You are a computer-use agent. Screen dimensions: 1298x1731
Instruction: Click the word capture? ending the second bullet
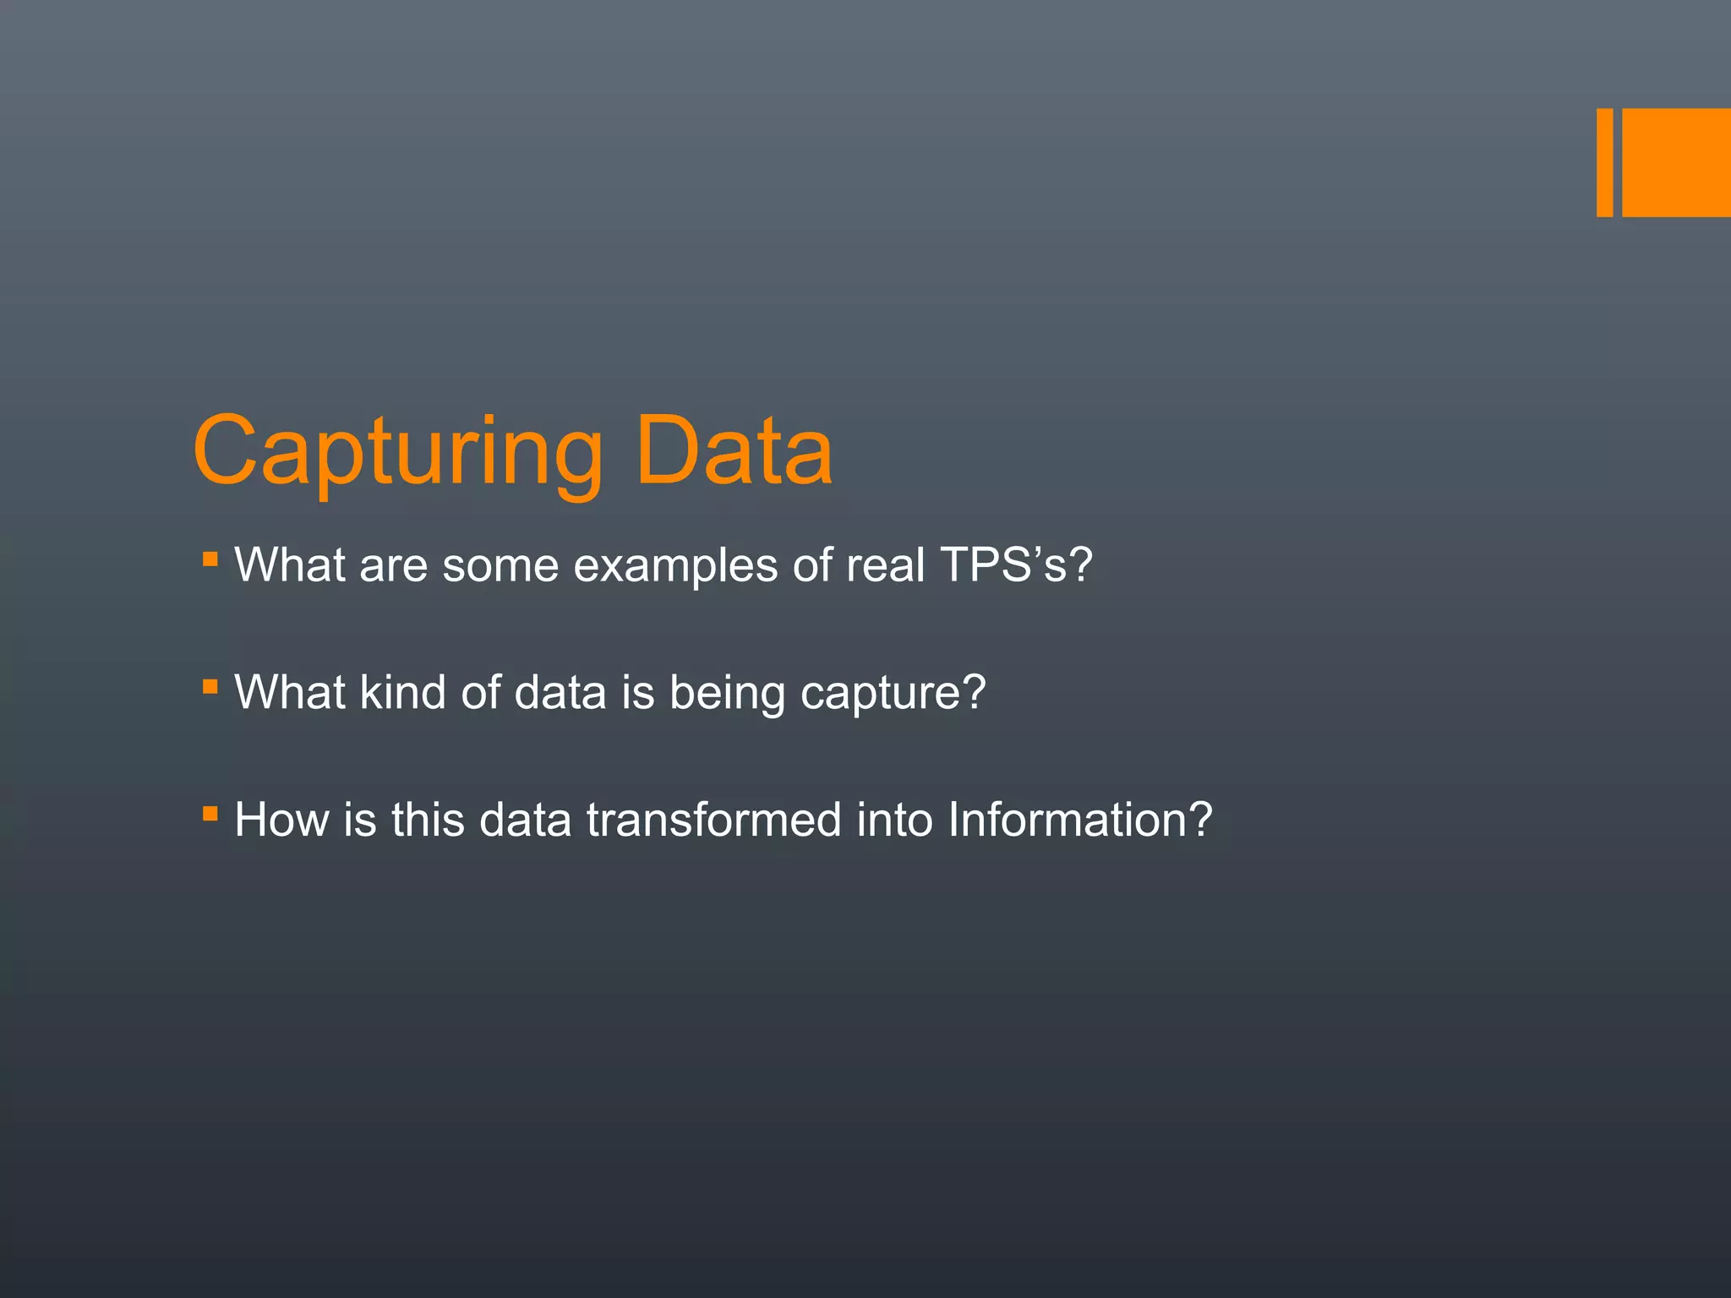pyautogui.click(x=893, y=692)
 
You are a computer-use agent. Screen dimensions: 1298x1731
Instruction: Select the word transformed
pyautogui.click(x=713, y=820)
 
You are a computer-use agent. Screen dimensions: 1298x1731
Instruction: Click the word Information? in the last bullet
pyautogui.click(x=1079, y=820)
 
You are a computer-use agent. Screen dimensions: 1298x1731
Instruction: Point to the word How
pyautogui.click(x=281, y=820)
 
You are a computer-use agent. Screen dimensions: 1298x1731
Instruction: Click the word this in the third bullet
pyautogui.click(x=428, y=820)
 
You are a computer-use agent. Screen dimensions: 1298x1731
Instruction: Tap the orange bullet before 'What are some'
pyautogui.click(x=210, y=559)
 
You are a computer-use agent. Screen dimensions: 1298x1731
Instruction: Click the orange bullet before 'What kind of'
pyautogui.click(x=210, y=687)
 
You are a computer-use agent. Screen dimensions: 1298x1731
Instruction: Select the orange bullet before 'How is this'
pyautogui.click(x=210, y=815)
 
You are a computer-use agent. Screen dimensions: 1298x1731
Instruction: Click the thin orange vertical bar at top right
pyautogui.click(x=1604, y=162)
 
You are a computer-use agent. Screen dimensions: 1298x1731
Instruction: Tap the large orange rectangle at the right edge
pyautogui.click(x=1676, y=162)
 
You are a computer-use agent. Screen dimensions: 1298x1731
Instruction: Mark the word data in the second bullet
pyautogui.click(x=560, y=692)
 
